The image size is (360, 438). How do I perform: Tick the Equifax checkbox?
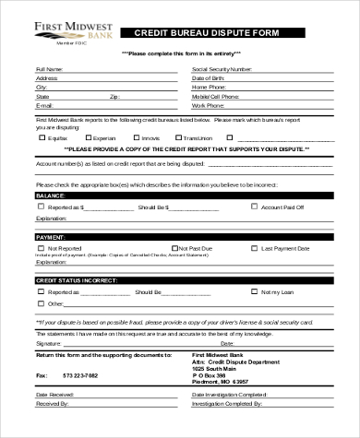click(x=42, y=136)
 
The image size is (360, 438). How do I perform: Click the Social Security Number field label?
click(x=222, y=69)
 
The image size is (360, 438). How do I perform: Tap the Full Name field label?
click(x=51, y=69)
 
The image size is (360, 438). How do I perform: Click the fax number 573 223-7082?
click(x=79, y=376)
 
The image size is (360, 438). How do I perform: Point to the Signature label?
click(x=48, y=342)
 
